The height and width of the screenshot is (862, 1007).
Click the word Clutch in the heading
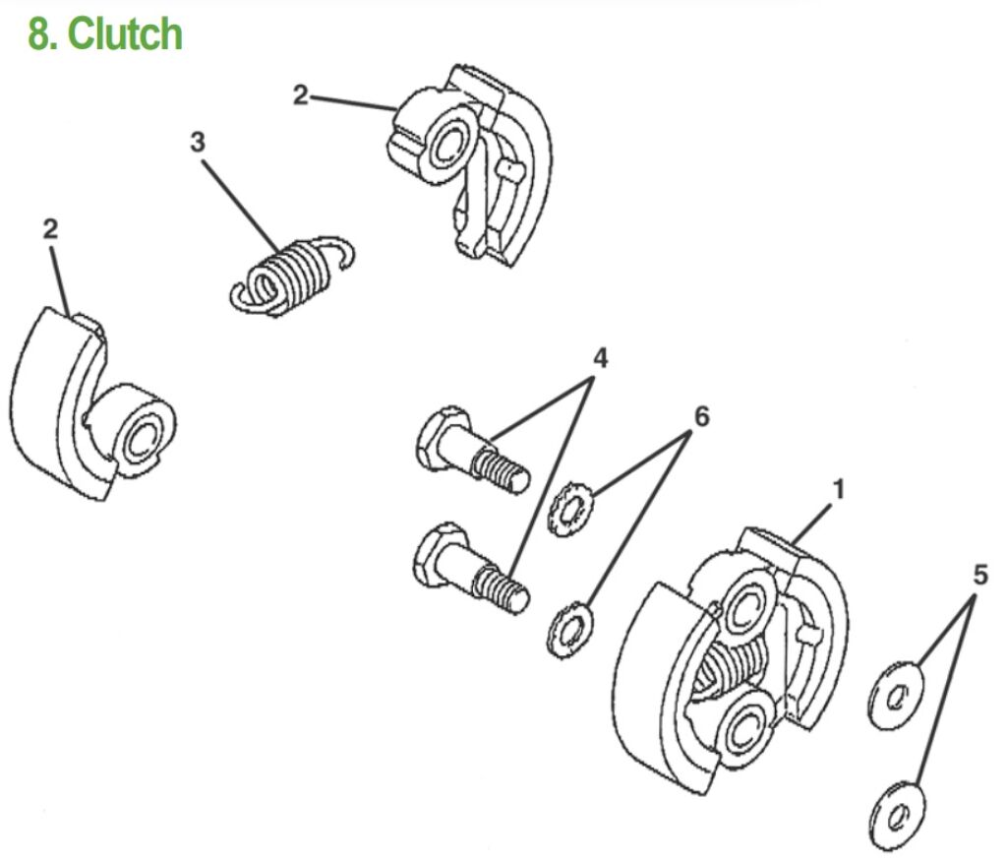pos(125,34)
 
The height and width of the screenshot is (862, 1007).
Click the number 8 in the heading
pos(39,34)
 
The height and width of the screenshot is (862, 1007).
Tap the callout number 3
pos(198,142)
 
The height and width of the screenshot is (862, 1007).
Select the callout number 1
pos(837,487)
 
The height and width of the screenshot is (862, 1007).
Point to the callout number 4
pos(599,359)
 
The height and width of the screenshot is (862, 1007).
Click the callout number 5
pos(980,576)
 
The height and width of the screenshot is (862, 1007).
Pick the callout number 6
pos(700,416)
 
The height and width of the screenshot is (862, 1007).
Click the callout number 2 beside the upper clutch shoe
pos(300,95)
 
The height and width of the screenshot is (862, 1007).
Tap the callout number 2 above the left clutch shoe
pos(50,229)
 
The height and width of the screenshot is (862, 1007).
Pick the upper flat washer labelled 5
pos(896,699)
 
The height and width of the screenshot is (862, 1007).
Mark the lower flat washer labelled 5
pos(897,813)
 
